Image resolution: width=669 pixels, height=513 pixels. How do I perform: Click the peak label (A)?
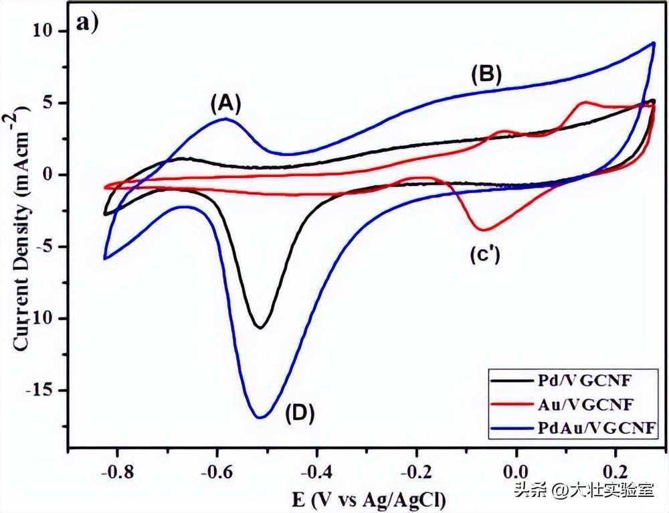tap(226, 104)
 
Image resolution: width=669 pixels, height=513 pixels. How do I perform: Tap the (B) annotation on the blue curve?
tap(486, 74)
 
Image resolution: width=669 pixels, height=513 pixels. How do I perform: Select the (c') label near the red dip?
tap(485, 255)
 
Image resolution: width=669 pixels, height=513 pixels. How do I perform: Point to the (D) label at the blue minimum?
tap(300, 413)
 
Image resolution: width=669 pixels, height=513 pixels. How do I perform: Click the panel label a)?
tap(87, 22)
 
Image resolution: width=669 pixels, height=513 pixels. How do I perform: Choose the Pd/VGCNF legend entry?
tap(561, 381)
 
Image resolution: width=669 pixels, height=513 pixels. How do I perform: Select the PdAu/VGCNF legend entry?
tap(573, 427)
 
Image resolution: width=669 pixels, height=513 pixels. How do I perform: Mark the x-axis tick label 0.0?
tap(516, 472)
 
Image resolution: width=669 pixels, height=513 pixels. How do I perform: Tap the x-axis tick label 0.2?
tap(615, 472)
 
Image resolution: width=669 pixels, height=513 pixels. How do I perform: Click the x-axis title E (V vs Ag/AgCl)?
tap(369, 499)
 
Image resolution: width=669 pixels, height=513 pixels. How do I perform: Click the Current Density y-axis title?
tap(21, 230)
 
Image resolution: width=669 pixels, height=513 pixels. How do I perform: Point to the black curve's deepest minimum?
tap(260, 327)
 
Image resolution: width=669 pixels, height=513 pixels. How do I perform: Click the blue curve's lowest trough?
tap(260, 417)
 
